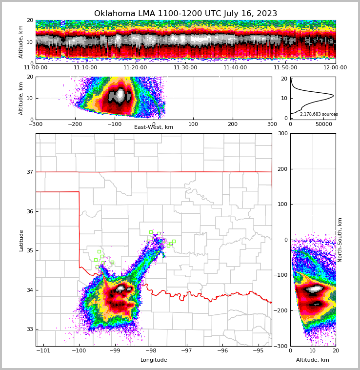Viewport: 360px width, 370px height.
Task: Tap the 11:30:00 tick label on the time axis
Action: [x=185, y=68]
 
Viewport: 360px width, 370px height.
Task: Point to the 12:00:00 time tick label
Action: [x=335, y=68]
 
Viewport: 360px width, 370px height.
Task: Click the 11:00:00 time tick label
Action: [x=36, y=68]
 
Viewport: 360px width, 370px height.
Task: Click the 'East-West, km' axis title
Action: [x=154, y=127]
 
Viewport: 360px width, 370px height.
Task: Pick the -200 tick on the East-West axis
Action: [x=75, y=124]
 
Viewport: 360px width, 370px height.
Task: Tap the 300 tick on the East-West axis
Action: [x=272, y=124]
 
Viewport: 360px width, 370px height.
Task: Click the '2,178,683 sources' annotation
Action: [x=319, y=114]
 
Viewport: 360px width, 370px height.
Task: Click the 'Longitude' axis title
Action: [x=154, y=360]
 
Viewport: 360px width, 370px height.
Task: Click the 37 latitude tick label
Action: [x=29, y=172]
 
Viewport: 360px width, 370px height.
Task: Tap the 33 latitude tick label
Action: [x=29, y=329]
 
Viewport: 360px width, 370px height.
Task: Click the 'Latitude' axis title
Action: [x=21, y=240]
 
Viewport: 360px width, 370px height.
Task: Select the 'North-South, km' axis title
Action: [x=340, y=240]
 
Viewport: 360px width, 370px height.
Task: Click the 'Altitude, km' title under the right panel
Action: [x=313, y=360]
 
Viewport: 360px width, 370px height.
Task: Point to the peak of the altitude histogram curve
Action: [x=333, y=95]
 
